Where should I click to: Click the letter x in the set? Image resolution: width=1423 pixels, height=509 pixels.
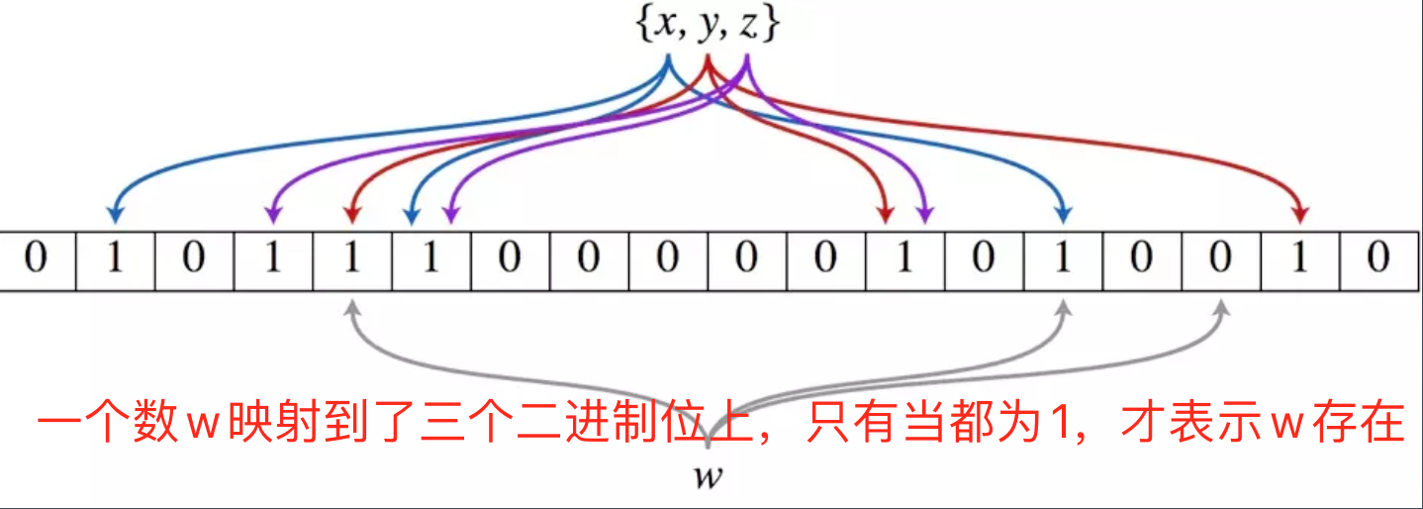[668, 27]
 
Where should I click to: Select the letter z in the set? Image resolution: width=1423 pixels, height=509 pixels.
[748, 27]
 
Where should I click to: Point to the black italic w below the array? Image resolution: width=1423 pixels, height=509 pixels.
[709, 476]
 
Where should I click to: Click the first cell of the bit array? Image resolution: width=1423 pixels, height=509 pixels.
[37, 260]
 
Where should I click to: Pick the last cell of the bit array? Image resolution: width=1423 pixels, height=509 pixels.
[1378, 260]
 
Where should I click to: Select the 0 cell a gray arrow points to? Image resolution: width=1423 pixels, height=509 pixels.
[1221, 260]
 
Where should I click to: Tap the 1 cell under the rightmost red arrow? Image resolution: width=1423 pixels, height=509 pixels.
[1300, 260]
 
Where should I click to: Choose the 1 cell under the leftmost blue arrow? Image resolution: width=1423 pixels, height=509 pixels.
[116, 260]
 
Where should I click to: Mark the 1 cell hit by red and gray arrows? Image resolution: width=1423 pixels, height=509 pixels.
[352, 260]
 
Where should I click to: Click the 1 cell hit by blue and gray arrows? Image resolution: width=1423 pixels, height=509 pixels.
[1063, 260]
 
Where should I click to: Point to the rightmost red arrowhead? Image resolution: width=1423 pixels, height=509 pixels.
[1300, 214]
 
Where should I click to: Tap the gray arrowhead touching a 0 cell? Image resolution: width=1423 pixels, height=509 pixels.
[1221, 307]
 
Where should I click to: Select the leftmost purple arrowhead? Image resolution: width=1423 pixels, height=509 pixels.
[273, 214]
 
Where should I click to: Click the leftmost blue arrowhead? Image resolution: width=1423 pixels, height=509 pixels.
[116, 214]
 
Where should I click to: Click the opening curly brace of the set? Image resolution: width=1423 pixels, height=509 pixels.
[643, 27]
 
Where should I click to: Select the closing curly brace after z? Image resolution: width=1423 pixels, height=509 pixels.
[772, 27]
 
